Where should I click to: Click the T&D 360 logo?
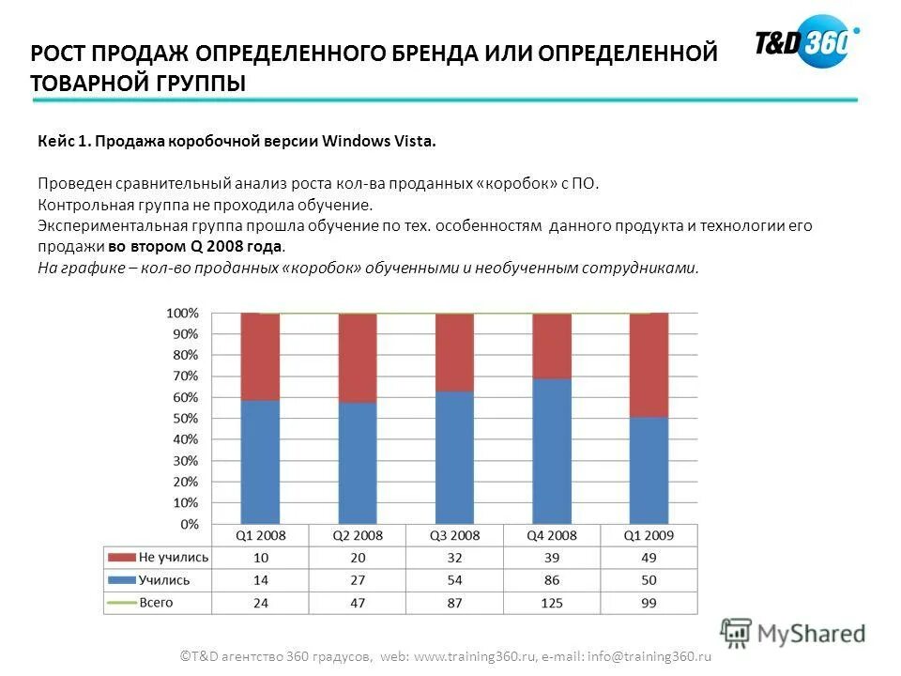tap(805, 42)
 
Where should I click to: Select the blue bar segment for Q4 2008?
tap(552, 451)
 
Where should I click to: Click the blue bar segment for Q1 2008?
tap(260, 461)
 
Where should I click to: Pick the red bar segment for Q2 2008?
tap(357, 358)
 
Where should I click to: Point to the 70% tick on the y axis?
tap(184, 376)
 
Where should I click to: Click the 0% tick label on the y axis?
tap(188, 524)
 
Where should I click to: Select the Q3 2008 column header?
tap(455, 536)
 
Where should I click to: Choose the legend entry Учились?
tap(164, 580)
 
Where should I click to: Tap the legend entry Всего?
tap(156, 603)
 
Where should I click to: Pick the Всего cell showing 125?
tap(552, 603)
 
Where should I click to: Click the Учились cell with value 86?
tap(552, 580)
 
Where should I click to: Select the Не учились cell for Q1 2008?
tap(260, 558)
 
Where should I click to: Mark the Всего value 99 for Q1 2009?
tap(649, 603)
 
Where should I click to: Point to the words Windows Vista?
tap(379, 142)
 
